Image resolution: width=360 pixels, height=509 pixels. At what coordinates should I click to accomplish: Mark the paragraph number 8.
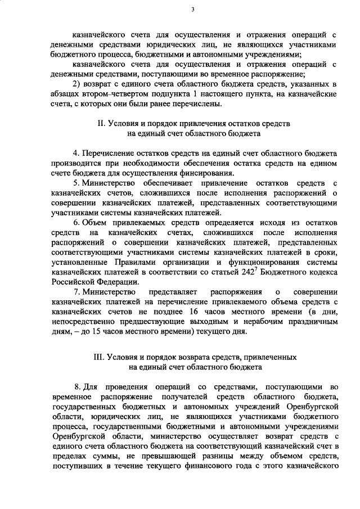click(77, 388)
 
